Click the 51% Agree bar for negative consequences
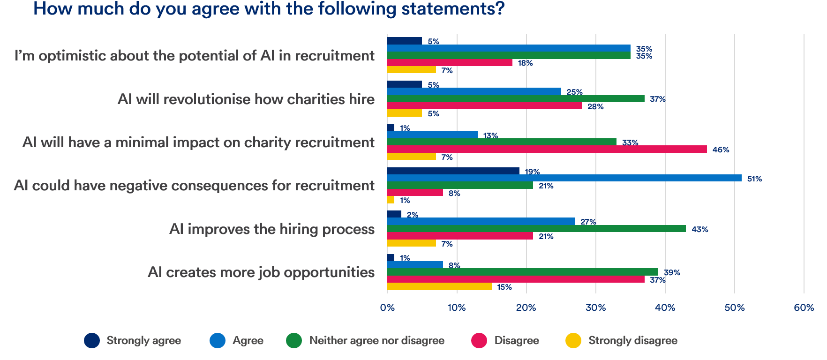tap(564, 178)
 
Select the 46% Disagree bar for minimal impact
tap(547, 149)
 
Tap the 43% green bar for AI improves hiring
tap(536, 229)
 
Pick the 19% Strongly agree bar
tap(453, 171)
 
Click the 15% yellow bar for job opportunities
tap(439, 286)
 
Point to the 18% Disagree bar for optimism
tap(450, 62)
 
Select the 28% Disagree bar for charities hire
tap(484, 106)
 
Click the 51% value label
tap(754, 179)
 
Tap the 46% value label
tap(721, 150)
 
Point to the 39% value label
tap(672, 272)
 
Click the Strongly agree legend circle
tap(92, 340)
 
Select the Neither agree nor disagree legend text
tap(376, 340)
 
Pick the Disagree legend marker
tap(479, 340)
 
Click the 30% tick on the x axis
tap(595, 308)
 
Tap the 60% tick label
tap(804, 308)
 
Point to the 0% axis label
tap(387, 308)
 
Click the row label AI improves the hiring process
tap(271, 229)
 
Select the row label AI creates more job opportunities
tap(261, 272)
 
